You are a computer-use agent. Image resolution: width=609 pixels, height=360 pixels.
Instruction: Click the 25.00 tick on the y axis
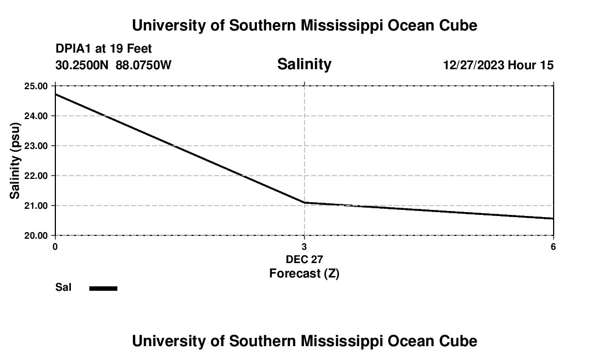coord(37,86)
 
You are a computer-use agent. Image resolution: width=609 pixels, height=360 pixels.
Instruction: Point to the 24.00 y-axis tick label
coord(37,116)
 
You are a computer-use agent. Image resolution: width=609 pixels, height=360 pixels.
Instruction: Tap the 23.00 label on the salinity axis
coord(37,146)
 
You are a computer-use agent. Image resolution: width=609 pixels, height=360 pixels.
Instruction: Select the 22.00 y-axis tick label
coord(37,176)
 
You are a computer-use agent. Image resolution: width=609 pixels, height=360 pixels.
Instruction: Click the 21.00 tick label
coord(37,205)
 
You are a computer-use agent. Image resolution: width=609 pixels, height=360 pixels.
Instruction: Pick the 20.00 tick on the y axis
coord(37,235)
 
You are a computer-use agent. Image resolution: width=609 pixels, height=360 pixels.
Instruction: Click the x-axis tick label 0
coord(55,246)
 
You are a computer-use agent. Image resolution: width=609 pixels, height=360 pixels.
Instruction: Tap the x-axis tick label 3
coord(304,246)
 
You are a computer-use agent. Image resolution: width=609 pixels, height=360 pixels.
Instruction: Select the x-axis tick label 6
coord(553,246)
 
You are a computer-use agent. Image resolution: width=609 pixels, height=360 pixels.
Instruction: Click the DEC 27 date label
coord(304,259)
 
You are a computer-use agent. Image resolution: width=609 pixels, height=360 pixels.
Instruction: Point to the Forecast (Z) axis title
coord(304,273)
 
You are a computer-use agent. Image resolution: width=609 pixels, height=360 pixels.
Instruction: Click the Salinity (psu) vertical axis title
coord(15,161)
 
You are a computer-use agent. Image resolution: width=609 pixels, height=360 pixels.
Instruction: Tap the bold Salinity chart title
coord(304,64)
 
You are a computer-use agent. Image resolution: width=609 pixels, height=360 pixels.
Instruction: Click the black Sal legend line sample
coord(104,288)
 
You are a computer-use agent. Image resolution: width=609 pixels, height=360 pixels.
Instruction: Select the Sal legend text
coord(64,287)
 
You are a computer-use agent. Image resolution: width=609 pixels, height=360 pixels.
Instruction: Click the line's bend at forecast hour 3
coord(304,203)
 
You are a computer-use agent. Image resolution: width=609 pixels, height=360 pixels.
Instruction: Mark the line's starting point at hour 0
coord(55,94)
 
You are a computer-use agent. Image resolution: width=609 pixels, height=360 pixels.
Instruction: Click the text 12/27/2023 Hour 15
coord(498,65)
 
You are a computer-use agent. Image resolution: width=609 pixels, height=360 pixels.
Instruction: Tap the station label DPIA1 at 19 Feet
coord(104,49)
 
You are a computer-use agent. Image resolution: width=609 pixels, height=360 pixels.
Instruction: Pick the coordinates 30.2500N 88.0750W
coord(113,65)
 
